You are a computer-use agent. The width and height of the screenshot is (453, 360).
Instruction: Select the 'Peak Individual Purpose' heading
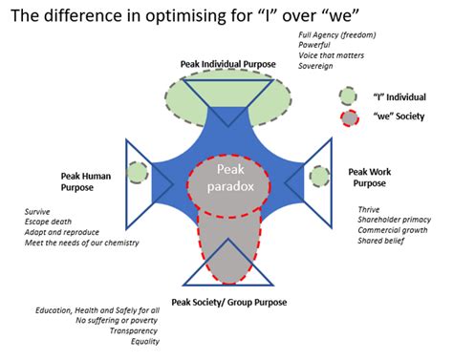(x=227, y=64)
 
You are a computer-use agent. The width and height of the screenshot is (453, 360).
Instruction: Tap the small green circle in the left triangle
(x=138, y=172)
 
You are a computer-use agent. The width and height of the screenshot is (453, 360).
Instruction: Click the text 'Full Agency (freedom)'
(x=337, y=34)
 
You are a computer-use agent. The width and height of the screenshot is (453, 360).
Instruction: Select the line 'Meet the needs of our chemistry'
(x=82, y=243)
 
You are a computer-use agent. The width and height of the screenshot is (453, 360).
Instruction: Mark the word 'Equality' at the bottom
(x=142, y=342)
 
